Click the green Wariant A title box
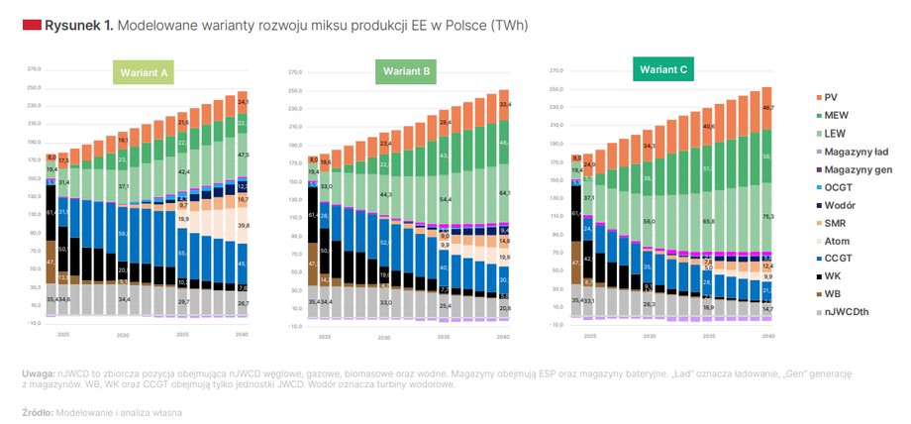pyautogui.click(x=144, y=73)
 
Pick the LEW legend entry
pyautogui.click(x=835, y=133)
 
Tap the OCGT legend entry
pyautogui.click(x=838, y=186)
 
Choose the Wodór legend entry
pyautogui.click(x=839, y=204)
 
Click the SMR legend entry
pyautogui.click(x=835, y=222)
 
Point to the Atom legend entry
pyautogui.click(x=837, y=240)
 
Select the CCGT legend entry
pyautogui.click(x=838, y=258)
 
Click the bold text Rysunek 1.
pyautogui.click(x=79, y=25)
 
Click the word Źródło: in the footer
pyautogui.click(x=38, y=411)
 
